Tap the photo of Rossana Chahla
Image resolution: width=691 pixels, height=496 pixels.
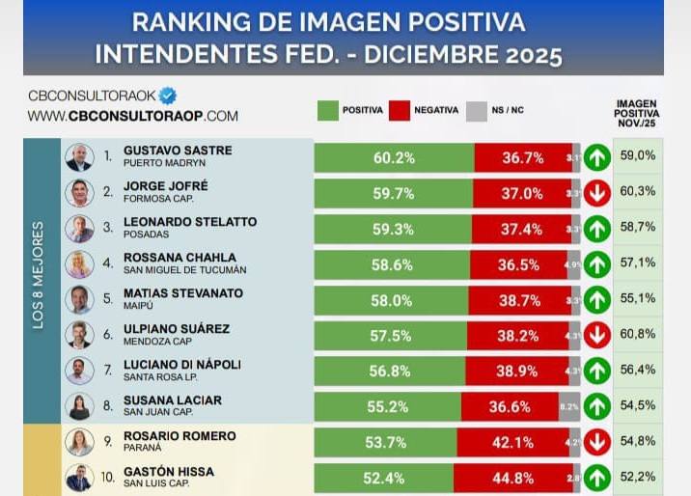(78, 263)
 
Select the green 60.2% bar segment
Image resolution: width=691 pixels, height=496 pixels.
(394, 157)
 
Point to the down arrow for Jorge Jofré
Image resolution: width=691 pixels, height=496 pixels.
(595, 192)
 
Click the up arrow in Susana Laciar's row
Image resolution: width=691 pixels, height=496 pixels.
(595, 406)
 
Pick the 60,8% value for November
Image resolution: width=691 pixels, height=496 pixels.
(638, 334)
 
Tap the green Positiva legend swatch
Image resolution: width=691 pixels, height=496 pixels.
(327, 110)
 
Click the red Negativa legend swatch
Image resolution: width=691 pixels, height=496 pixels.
(400, 110)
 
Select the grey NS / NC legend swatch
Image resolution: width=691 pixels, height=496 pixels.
(476, 110)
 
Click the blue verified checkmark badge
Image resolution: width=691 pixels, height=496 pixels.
(168, 96)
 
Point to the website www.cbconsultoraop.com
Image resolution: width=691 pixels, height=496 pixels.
(132, 116)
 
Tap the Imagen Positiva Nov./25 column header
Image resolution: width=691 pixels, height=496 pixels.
(637, 114)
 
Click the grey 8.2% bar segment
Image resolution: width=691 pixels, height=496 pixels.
(568, 406)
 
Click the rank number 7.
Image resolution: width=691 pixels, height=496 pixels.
(107, 369)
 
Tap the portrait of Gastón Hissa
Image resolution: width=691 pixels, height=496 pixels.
(78, 478)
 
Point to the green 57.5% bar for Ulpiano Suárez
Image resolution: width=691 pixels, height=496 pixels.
(390, 335)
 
